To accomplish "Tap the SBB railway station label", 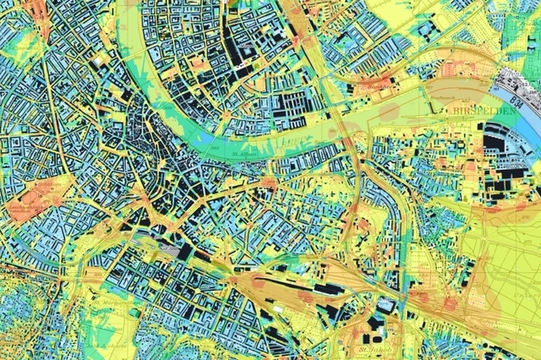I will tap(167, 251).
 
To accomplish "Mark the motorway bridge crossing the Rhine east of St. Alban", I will tap(353, 135).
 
